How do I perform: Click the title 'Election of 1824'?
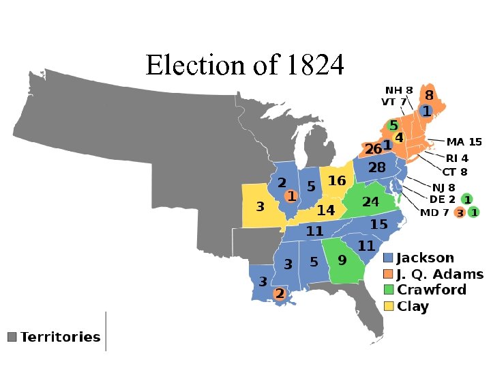click(x=245, y=66)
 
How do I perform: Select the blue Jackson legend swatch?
click(x=388, y=258)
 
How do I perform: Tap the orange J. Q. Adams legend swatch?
click(x=388, y=275)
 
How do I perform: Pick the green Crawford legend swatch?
click(x=388, y=290)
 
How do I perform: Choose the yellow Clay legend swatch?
click(x=388, y=306)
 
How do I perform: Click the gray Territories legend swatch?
click(x=12, y=337)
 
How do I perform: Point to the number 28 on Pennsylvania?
click(x=377, y=167)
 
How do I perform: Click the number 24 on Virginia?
click(x=370, y=202)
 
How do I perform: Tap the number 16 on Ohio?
click(x=337, y=180)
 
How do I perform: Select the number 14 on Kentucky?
click(x=326, y=210)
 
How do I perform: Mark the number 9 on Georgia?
click(x=342, y=260)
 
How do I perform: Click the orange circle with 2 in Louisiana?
click(x=279, y=294)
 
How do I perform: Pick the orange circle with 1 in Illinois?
click(x=291, y=196)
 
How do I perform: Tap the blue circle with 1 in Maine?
click(x=426, y=111)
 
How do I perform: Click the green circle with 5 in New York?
click(x=393, y=126)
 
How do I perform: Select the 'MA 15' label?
click(x=464, y=142)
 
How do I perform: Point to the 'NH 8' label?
click(x=399, y=90)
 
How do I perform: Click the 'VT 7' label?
click(x=393, y=102)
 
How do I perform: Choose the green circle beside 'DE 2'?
click(x=466, y=199)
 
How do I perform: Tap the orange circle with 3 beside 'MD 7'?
click(x=460, y=213)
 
